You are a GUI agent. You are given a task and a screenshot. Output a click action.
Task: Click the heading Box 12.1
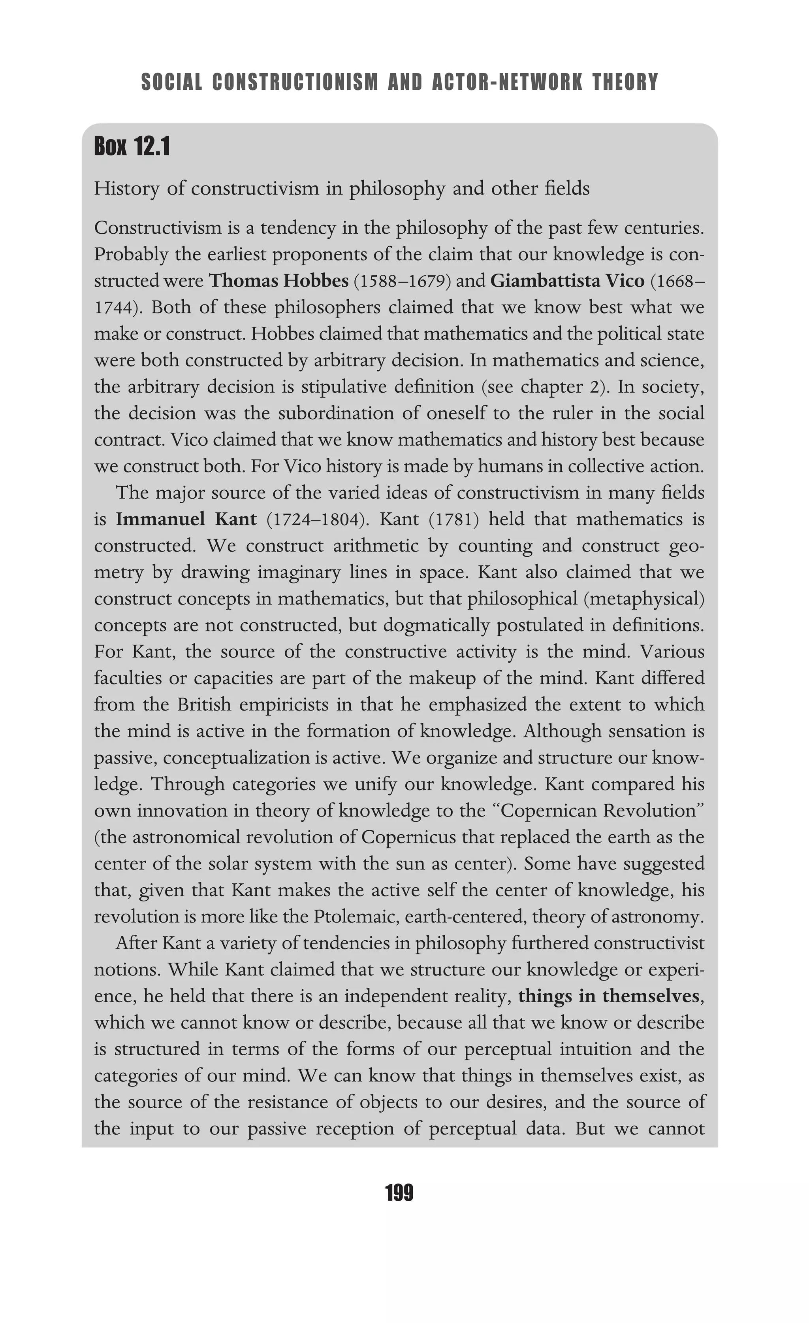click(x=132, y=147)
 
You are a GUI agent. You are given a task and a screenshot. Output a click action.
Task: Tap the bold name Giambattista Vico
click(x=567, y=281)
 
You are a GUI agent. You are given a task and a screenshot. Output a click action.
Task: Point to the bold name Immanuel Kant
click(x=186, y=519)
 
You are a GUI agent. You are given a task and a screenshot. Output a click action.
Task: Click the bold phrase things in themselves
click(x=609, y=996)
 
